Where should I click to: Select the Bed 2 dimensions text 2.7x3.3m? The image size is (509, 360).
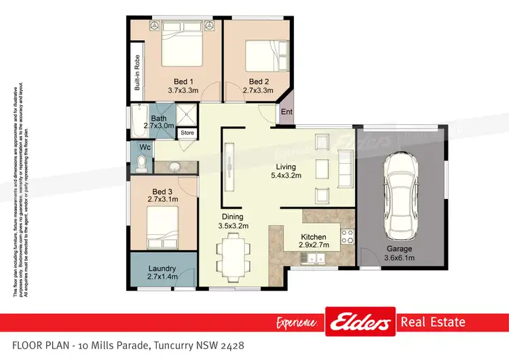(258, 90)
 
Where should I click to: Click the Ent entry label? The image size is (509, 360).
(286, 113)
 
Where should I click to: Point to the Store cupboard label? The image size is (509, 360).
(187, 133)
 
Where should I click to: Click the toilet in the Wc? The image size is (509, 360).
(142, 162)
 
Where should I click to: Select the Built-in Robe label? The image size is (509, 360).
(137, 73)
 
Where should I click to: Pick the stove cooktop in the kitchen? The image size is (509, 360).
(347, 236)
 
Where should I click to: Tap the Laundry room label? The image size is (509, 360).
(162, 268)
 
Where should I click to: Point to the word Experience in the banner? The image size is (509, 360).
(297, 322)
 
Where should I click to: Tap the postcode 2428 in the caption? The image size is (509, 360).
(230, 346)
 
